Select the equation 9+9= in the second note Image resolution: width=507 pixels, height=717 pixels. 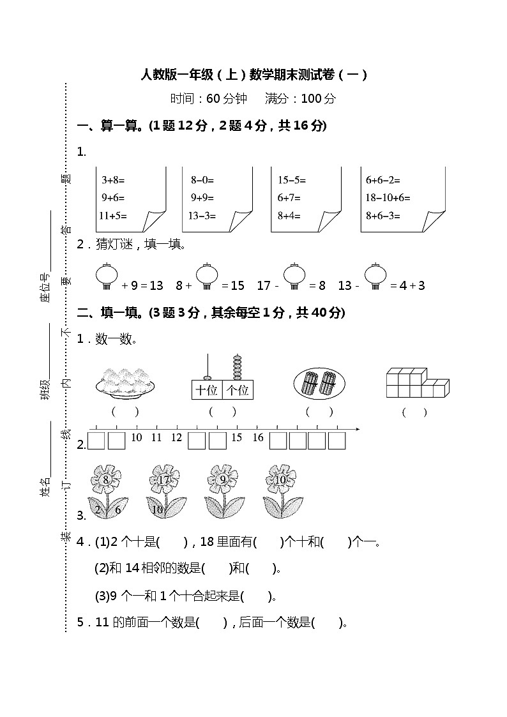pos(202,198)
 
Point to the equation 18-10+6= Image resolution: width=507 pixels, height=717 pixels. pos(388,198)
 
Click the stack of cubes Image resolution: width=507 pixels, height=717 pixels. pos(417,383)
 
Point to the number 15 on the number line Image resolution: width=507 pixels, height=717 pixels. pos(237,438)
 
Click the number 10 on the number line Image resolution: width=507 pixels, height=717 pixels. pos(136,438)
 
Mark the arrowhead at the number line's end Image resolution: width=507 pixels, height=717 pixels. pos(356,429)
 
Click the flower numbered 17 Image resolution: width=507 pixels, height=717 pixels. pos(164,478)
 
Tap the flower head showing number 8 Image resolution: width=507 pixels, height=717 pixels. pos(106,478)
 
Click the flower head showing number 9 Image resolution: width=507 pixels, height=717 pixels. pos(223,478)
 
